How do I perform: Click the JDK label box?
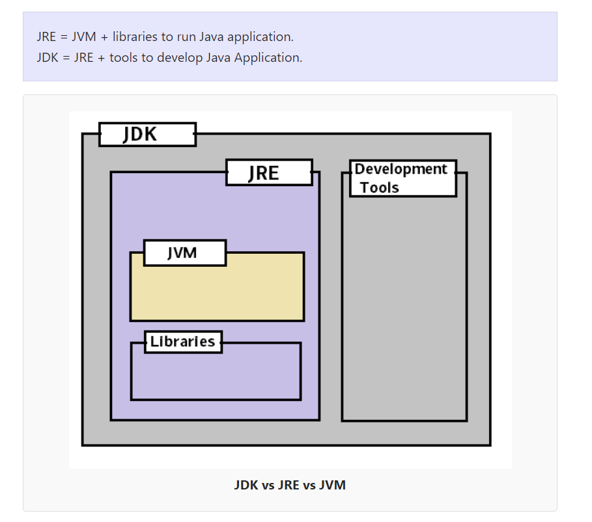pyautogui.click(x=147, y=135)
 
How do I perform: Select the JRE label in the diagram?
pyautogui.click(x=269, y=172)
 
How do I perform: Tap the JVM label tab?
pyautogui.click(x=184, y=253)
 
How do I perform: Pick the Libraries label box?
pyautogui.click(x=183, y=342)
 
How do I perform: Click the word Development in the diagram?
pyautogui.click(x=401, y=169)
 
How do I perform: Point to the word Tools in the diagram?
pyautogui.click(x=380, y=187)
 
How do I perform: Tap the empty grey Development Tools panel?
pyautogui.click(x=404, y=306)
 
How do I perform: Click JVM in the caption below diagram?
pyautogui.click(x=332, y=485)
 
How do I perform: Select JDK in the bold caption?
pyautogui.click(x=247, y=485)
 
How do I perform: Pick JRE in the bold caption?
pyautogui.click(x=290, y=485)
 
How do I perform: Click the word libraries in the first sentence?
pyautogui.click(x=134, y=36)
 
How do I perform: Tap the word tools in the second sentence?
pyautogui.click(x=123, y=57)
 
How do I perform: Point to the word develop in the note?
pyautogui.click(x=180, y=57)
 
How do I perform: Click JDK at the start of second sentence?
pyautogui.click(x=48, y=57)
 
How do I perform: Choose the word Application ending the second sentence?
pyautogui.click(x=268, y=57)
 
